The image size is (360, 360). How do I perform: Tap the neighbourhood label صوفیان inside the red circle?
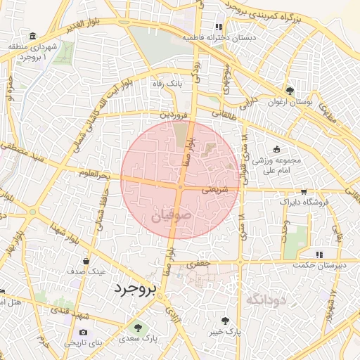point(170,217)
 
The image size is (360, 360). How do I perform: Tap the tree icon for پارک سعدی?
point(137,328)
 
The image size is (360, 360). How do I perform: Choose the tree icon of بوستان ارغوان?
point(290,91)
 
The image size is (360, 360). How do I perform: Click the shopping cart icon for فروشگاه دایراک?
point(303,191)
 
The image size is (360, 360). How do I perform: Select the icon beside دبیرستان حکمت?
point(319,254)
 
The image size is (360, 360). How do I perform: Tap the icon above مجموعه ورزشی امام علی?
point(276,149)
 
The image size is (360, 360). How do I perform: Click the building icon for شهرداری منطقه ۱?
point(33,36)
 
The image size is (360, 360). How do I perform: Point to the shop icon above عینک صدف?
point(86,260)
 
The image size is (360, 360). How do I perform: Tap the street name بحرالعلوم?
point(96,173)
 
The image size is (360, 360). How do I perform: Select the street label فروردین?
point(173,113)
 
